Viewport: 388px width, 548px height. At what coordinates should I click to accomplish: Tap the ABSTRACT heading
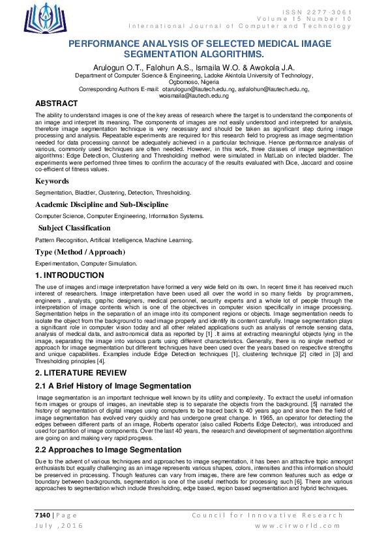(56, 104)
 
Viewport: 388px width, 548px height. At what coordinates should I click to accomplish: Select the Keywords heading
(52, 181)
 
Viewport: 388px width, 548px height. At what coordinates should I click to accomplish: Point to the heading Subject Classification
(74, 228)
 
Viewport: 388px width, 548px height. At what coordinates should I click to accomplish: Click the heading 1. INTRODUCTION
(71, 276)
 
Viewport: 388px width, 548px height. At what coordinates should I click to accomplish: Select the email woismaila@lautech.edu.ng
(194, 96)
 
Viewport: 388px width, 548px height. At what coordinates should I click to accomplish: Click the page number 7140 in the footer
(43, 515)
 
